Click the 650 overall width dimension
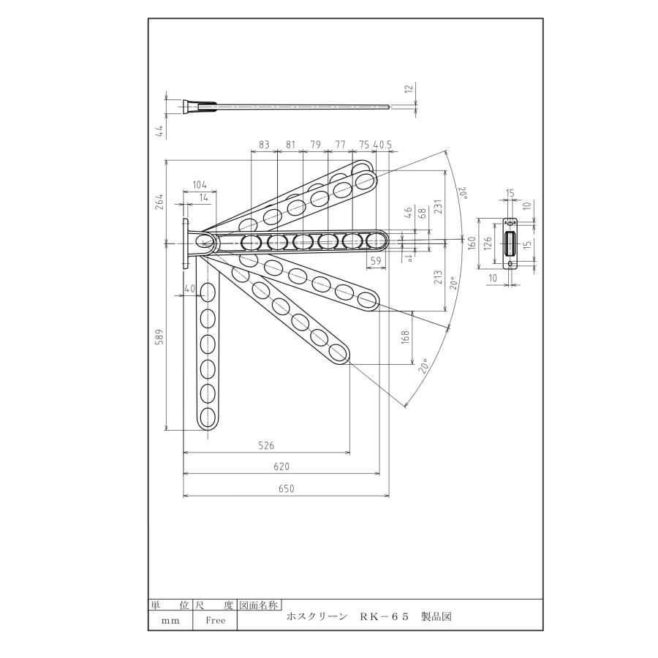point(286,489)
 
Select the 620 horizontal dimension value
point(281,466)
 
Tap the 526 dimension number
point(266,445)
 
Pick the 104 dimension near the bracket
point(199,185)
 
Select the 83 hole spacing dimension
point(264,145)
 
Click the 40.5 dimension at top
point(382,145)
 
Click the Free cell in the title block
point(216,620)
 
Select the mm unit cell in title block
point(170,620)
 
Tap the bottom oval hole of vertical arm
point(208,417)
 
